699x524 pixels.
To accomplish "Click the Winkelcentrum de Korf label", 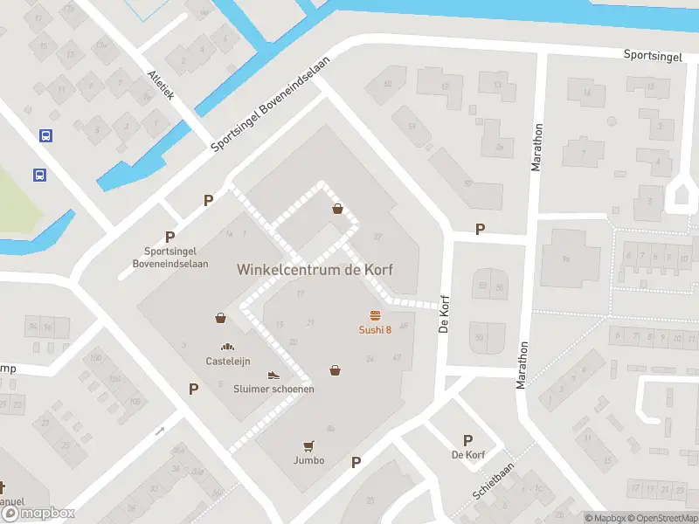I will click(315, 270).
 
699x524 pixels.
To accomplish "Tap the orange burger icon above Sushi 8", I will click(376, 315).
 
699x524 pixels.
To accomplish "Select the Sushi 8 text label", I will click(376, 329).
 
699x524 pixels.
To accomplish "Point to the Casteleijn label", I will click(228, 361).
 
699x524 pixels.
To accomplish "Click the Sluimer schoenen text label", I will click(273, 389).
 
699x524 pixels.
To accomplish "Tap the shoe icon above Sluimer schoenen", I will click(273, 376).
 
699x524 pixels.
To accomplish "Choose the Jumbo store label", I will click(308, 460).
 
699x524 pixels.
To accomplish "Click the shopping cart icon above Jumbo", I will click(308, 446).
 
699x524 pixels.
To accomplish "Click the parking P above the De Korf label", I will click(467, 441).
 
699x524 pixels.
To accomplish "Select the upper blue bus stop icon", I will click(45, 135).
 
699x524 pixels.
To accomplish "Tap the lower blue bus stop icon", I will click(39, 175).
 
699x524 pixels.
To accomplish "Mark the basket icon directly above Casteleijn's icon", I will click(221, 318).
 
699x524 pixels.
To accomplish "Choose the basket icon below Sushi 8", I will click(335, 370).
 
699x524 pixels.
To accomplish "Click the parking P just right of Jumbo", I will click(356, 462).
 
